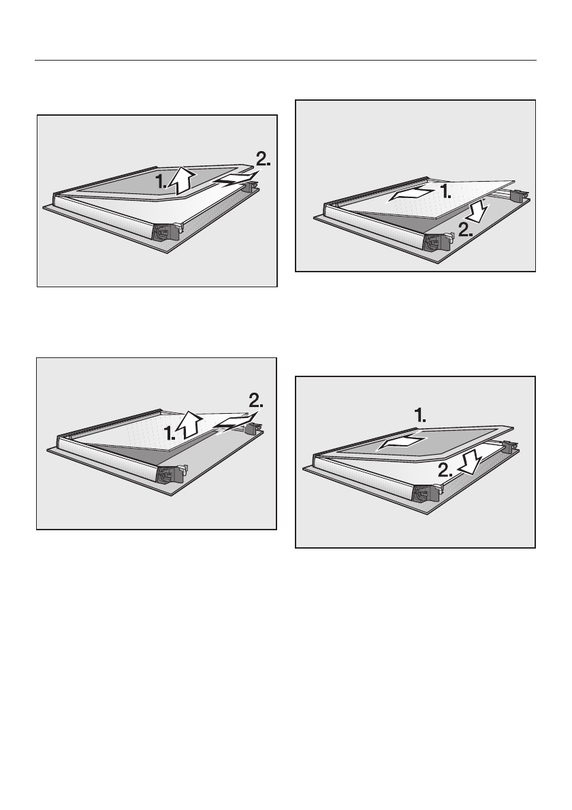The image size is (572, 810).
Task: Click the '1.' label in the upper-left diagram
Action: (161, 181)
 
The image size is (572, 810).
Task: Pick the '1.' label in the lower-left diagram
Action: (170, 433)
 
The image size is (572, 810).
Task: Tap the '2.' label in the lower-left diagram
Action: (256, 400)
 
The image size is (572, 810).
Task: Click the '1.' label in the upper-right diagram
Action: (445, 192)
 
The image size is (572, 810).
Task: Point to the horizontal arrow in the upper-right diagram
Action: (411, 195)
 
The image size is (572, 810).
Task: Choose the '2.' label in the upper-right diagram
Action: (465, 229)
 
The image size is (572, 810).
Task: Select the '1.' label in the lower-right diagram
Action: (420, 415)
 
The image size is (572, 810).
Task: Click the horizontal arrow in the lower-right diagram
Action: (402, 442)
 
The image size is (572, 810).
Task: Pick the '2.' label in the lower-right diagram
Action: (445, 470)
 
